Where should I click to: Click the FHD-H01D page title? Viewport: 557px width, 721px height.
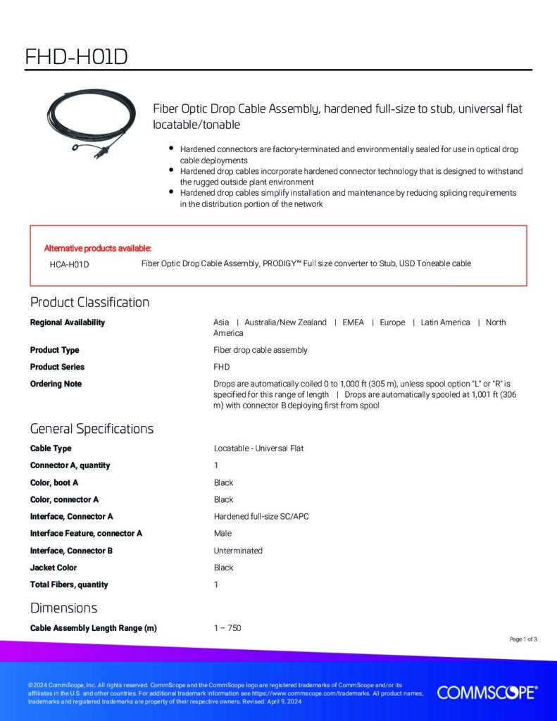point(76,56)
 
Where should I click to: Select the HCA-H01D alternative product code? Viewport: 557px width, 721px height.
point(69,264)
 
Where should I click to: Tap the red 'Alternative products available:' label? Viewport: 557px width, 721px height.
point(98,248)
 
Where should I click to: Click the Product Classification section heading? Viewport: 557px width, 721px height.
point(89,303)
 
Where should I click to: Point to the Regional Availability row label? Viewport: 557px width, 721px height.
point(68,322)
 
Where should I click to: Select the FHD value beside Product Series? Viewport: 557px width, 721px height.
point(221,367)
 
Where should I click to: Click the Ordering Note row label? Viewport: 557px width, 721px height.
point(56,384)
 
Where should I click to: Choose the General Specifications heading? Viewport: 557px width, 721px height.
point(92,429)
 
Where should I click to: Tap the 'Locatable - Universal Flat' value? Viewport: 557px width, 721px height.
point(258,449)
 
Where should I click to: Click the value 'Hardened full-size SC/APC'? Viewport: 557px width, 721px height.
point(261,516)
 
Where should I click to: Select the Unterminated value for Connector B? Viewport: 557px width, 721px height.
point(238,551)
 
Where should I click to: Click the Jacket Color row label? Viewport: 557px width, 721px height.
point(54,568)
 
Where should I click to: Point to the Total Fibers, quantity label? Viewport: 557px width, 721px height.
point(69,584)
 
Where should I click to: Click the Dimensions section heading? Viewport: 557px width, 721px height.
point(63,608)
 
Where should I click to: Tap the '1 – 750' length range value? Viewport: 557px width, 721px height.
point(227,627)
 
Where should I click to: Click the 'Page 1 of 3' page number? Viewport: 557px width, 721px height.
point(523,639)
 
